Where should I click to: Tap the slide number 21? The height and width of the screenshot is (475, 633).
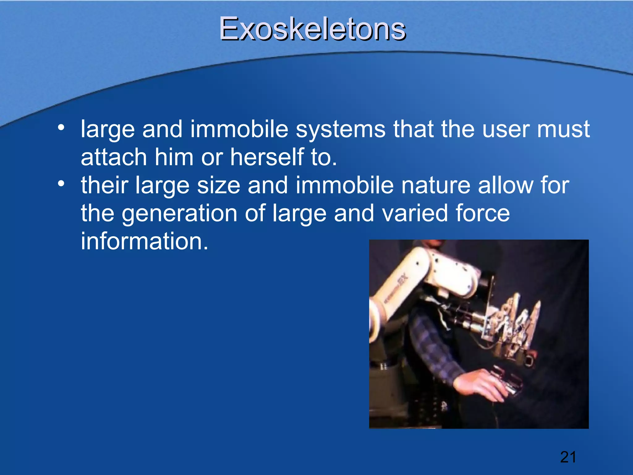point(568,457)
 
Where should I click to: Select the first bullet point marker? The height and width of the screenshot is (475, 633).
point(61,127)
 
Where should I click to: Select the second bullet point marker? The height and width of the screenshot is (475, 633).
point(61,184)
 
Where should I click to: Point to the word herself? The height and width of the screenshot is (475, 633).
point(267,157)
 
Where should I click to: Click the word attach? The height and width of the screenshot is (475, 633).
point(114,157)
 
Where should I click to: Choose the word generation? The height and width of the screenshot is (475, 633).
point(179,213)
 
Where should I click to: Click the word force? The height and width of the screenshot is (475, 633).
point(482,213)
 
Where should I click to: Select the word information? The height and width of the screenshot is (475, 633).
point(144,241)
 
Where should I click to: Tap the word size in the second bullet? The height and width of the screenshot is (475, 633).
point(219,185)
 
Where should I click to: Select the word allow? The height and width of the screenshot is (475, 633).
point(505,185)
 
